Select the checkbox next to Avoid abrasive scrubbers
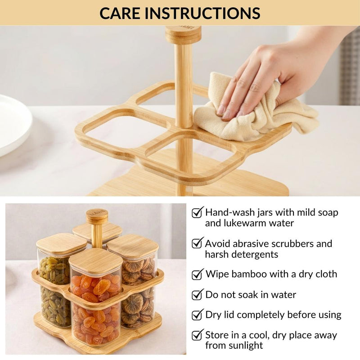tap(197, 243)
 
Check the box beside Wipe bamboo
tap(197, 274)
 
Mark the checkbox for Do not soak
tap(197, 295)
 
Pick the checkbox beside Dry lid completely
tap(197, 315)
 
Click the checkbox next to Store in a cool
tap(197, 335)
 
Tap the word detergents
tap(253, 254)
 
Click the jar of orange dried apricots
tap(95, 306)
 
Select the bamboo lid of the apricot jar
tap(95, 261)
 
